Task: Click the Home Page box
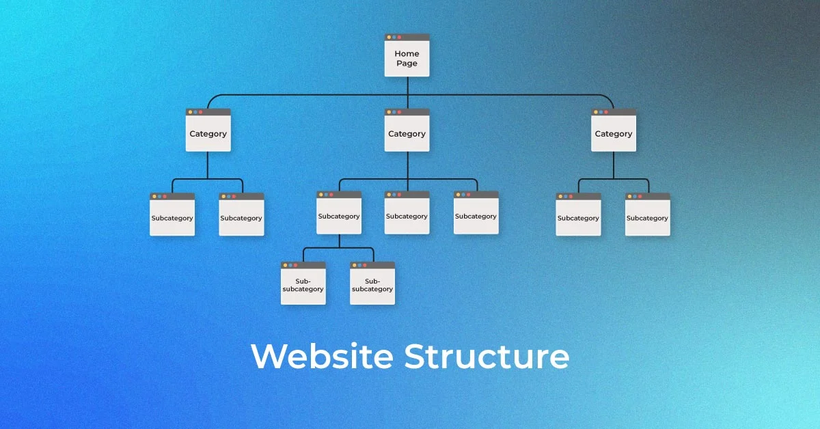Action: [x=407, y=57]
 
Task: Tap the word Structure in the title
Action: [x=487, y=357]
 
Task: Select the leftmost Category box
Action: [x=208, y=133]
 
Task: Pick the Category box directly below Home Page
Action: [x=407, y=133]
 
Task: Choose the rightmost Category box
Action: [x=613, y=133]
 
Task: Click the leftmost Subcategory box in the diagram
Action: [x=172, y=217]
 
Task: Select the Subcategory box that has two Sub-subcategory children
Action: [x=339, y=215]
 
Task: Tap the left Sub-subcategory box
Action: [x=303, y=285]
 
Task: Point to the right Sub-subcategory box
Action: [x=372, y=285]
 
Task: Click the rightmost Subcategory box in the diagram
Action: [x=647, y=217]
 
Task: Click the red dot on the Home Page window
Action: [x=400, y=37]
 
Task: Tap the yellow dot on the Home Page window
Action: [x=389, y=37]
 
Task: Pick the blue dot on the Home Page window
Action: [x=394, y=37]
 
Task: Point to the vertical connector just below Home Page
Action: [x=407, y=85]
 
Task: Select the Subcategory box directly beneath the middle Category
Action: [x=407, y=215]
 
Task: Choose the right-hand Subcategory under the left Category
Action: [x=241, y=217]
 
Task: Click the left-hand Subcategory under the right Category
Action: [x=578, y=217]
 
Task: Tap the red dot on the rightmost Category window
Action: [x=606, y=112]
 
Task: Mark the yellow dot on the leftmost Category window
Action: [x=190, y=112]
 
